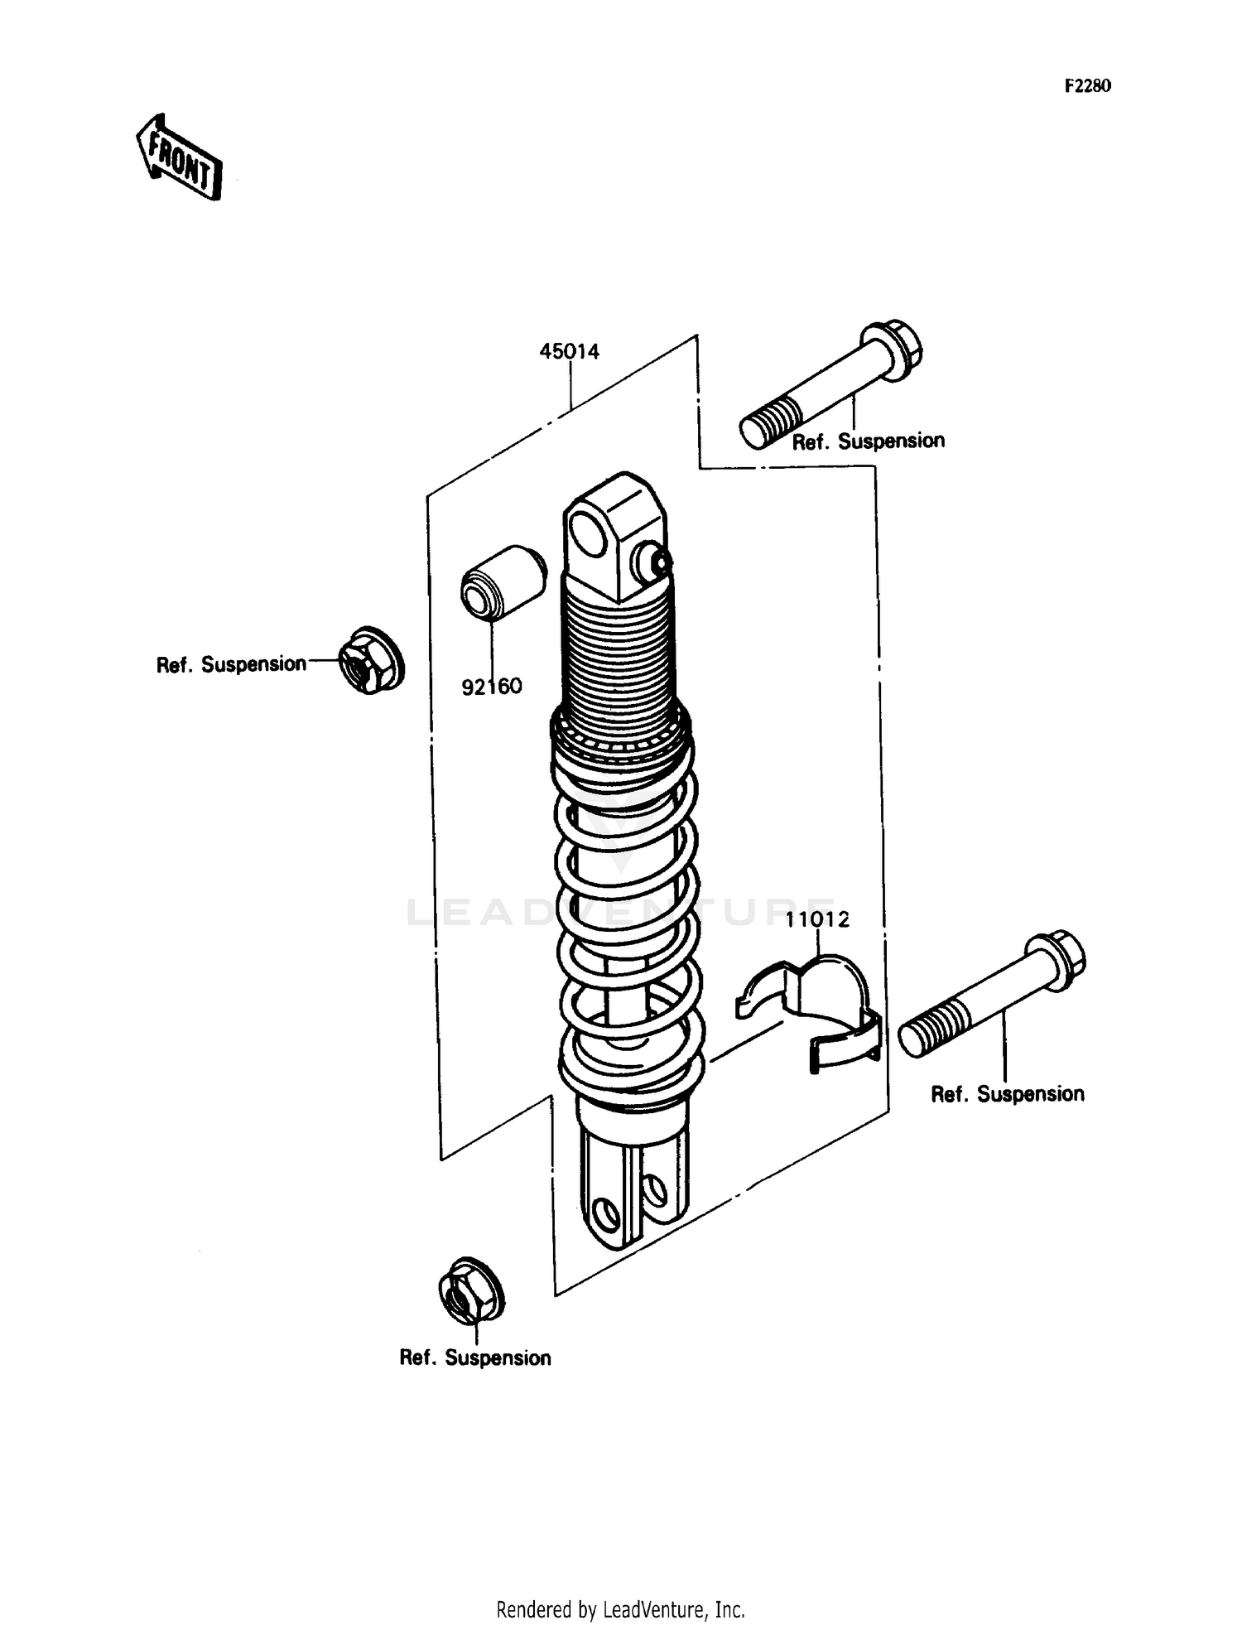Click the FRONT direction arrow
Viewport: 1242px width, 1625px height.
coord(179,157)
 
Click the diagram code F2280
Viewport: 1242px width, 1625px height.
coord(1087,86)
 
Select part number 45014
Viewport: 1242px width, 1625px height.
coord(569,351)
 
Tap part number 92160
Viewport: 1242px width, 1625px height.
coord(492,687)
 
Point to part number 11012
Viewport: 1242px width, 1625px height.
coord(817,919)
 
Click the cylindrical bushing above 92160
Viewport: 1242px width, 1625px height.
coord(503,583)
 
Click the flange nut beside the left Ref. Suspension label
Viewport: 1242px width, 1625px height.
coord(370,660)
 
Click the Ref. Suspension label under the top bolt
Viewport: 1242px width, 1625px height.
coord(868,441)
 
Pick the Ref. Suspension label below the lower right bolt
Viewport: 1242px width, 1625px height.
coord(1007,1094)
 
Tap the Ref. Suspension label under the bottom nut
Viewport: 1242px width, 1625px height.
coord(474,1357)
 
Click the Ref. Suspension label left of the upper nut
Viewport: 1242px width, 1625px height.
coord(231,664)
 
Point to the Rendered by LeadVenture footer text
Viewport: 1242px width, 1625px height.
coord(620,1609)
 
